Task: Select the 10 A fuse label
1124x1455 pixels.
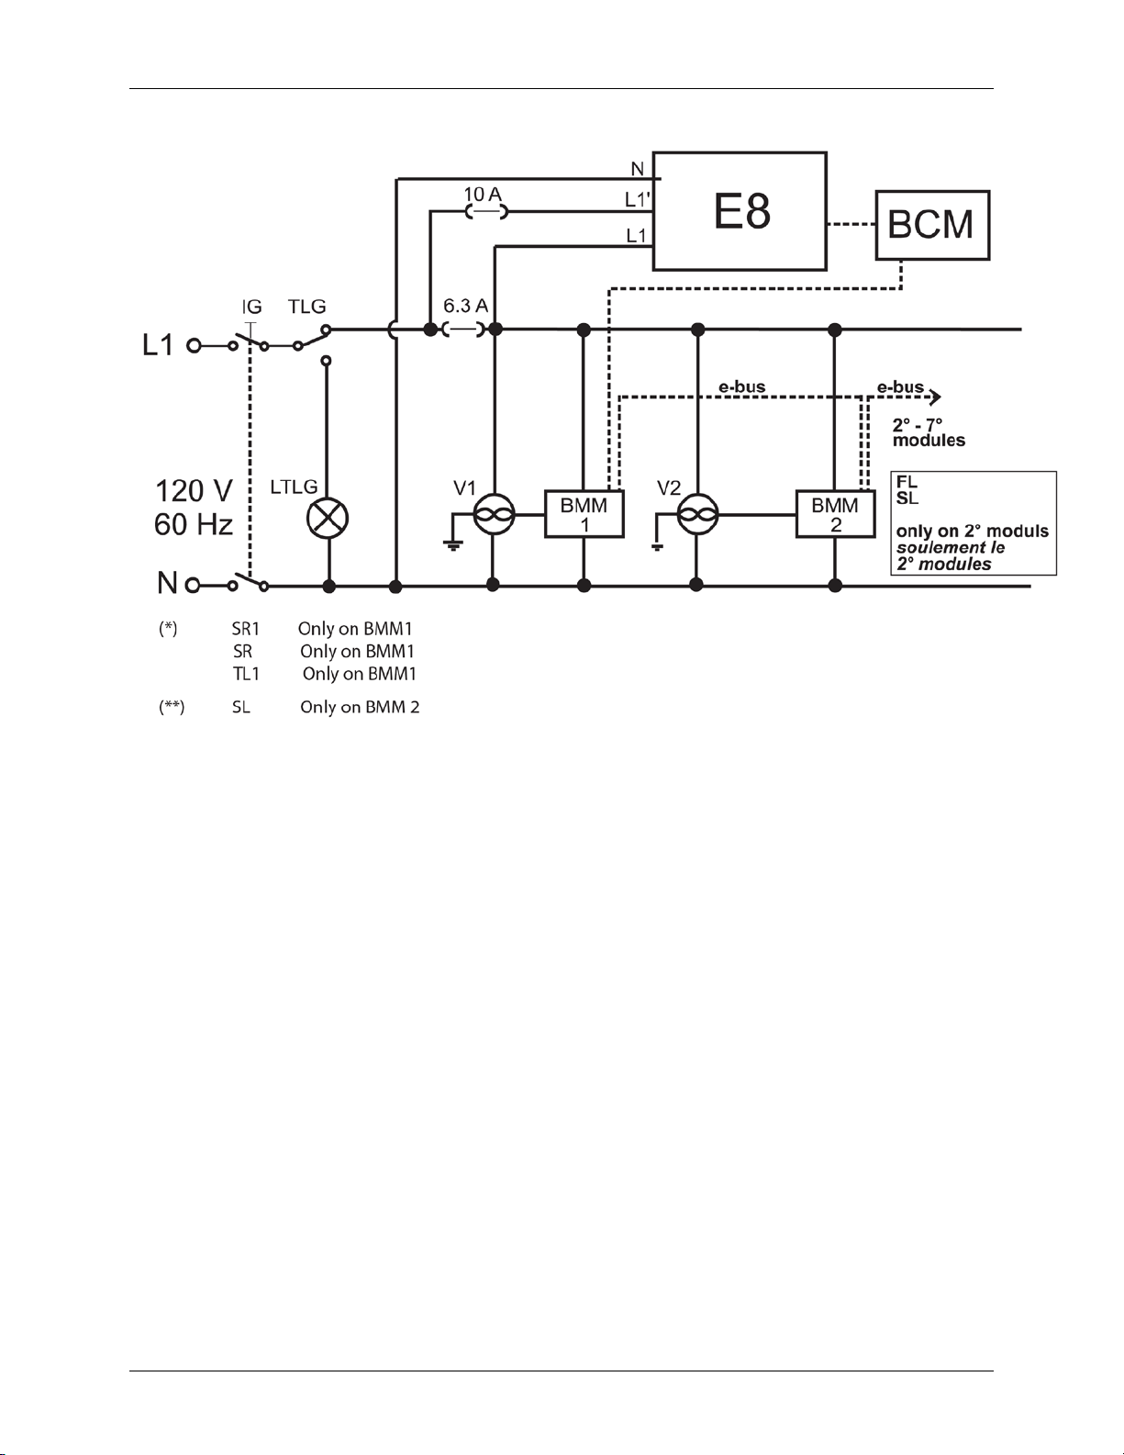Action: (483, 195)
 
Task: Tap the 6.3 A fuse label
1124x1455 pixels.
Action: (466, 306)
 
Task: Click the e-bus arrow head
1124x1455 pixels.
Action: (935, 397)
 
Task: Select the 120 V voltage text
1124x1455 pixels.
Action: (194, 491)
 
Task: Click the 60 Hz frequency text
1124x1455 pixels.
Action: (194, 524)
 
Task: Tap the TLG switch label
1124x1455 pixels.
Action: (307, 306)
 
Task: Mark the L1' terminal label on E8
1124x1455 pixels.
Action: (636, 199)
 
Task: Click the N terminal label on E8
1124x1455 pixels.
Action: (637, 170)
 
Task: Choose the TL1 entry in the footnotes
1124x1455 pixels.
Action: (246, 674)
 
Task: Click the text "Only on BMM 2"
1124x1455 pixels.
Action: (360, 708)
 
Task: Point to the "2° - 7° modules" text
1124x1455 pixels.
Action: (929, 432)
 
